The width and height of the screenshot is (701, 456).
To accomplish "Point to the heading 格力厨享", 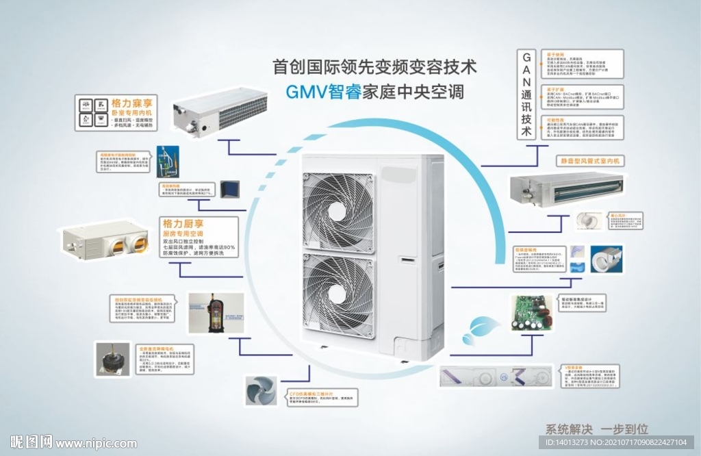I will point(183,224).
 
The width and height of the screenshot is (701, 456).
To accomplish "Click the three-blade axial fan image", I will point(262,391).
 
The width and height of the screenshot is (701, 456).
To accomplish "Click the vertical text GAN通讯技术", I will point(526,94).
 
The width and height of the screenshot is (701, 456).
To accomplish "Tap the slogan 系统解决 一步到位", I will point(596,429).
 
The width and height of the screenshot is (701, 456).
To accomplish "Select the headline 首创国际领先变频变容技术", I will point(374,67).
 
